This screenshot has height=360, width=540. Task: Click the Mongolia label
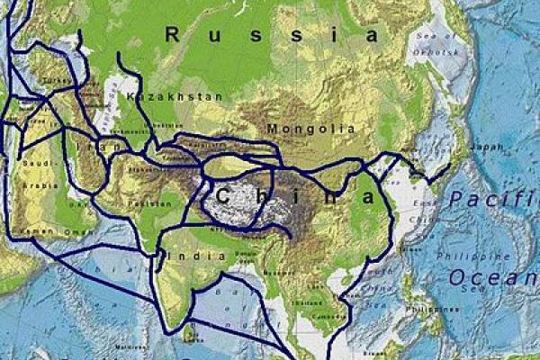tap(311, 129)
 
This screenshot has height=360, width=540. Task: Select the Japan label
tap(488, 147)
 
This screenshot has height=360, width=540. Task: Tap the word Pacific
tap(493, 199)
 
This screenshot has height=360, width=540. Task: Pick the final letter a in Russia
tap(372, 35)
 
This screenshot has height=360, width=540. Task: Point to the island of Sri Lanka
tap(189, 333)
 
